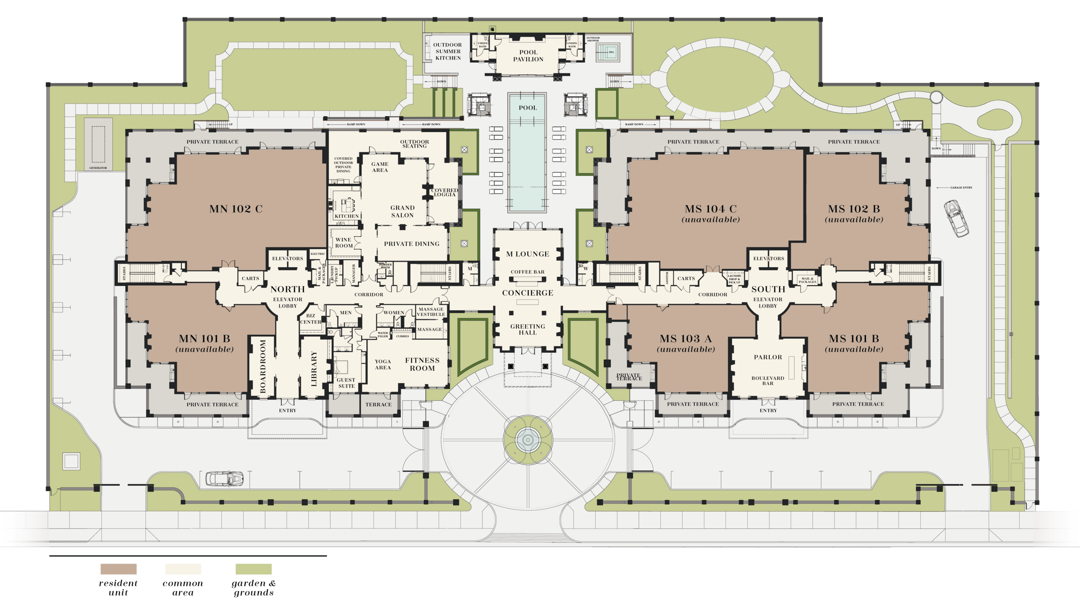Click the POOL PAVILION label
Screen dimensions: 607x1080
pos(528,56)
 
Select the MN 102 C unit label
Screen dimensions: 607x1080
pos(236,209)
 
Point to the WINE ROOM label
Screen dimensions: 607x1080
pos(344,243)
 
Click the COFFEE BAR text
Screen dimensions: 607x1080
pos(527,272)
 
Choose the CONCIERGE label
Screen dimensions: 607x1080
pos(527,293)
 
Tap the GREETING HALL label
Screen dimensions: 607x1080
pos(527,329)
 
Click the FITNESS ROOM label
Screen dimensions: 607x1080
pos(422,364)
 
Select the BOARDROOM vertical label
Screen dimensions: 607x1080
pos(263,367)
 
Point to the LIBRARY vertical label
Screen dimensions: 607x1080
pos(314,368)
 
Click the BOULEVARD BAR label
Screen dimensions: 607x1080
pos(768,380)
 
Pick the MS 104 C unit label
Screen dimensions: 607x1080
pos(711,209)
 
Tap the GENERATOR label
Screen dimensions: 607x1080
pos(98,168)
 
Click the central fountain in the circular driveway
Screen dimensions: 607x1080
pos(528,440)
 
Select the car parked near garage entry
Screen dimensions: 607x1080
pos(956,218)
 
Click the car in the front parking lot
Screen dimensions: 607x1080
pos(224,479)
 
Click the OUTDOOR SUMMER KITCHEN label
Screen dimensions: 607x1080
pos(448,51)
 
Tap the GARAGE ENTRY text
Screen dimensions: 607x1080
pos(961,188)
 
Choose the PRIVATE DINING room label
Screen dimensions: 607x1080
pos(411,244)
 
